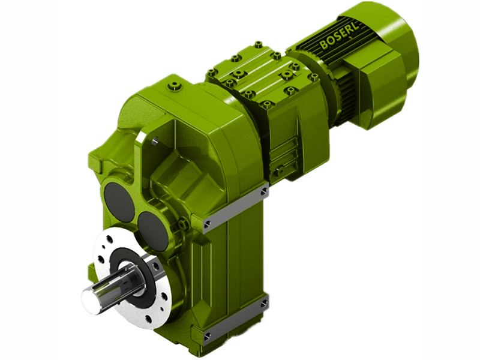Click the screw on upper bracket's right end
(x=265, y=191)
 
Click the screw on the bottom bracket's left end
(x=208, y=335)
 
